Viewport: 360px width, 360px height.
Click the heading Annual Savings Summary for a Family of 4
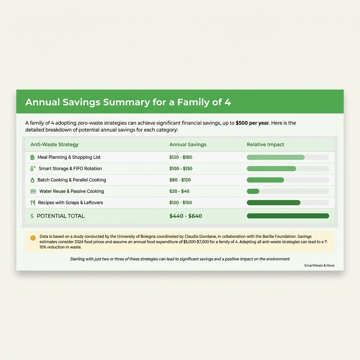coord(128,102)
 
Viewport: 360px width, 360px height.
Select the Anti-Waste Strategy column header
coord(54,144)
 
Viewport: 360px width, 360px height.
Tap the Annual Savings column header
coord(188,144)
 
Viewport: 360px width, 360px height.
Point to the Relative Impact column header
coord(265,144)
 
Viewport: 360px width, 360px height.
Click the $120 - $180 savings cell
coord(181,157)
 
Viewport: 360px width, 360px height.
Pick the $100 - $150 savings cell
coord(181,168)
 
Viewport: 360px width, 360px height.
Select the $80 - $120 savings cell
coord(180,180)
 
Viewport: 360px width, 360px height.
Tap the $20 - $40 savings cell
coord(179,191)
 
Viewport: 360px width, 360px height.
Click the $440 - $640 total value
coord(186,216)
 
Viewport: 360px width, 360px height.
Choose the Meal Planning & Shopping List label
coord(69,157)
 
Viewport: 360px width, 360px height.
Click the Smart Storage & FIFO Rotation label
coord(70,168)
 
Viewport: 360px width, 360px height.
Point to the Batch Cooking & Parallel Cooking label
coord(72,180)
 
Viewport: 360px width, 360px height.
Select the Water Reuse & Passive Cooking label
coord(72,191)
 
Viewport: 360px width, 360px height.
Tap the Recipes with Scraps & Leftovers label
coord(70,202)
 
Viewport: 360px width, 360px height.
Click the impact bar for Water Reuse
coord(253,191)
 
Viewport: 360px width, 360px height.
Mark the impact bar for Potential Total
coord(288,216)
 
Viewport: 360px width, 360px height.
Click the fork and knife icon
coord(33,202)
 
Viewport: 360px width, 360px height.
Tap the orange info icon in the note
coord(33,238)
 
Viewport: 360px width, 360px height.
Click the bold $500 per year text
coord(252,123)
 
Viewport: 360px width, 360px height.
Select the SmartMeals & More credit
coord(319,265)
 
